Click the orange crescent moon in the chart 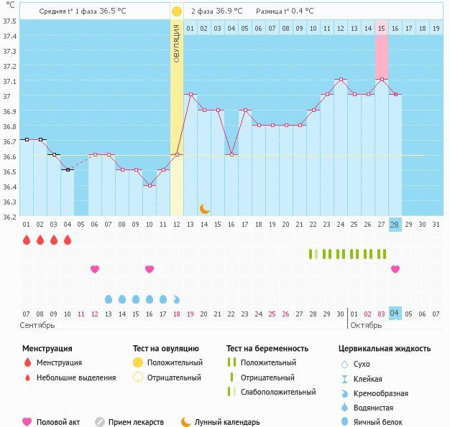click(203, 210)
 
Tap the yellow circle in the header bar click(177, 11)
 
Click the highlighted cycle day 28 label click(395, 225)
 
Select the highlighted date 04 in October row click(395, 313)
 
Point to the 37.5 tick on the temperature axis click(10, 22)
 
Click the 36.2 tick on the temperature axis click(10, 217)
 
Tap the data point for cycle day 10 click(150, 186)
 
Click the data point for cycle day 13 click(190, 94)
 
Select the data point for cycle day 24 click(341, 80)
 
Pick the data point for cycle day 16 click(231, 155)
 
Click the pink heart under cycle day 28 click(395, 269)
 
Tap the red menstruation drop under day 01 click(27, 240)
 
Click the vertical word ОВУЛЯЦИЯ click(177, 44)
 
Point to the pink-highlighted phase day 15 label click(382, 29)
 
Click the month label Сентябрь click(37, 325)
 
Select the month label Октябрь click(366, 325)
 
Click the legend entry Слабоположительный click(278, 392)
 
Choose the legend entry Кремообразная click(380, 393)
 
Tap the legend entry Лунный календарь click(227, 422)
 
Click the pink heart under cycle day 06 click(95, 269)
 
